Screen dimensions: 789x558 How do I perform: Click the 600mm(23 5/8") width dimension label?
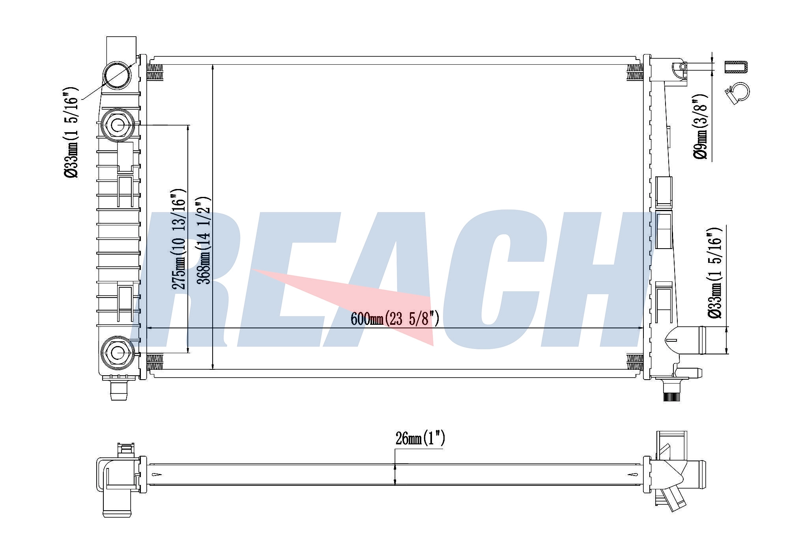click(394, 318)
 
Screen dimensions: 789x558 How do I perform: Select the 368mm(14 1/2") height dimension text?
click(204, 240)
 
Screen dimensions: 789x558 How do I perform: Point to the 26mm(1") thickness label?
click(420, 438)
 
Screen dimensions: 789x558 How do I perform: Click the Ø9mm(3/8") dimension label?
click(701, 127)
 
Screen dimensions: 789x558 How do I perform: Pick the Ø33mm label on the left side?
click(72, 132)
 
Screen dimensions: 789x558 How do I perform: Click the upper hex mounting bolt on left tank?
click(117, 125)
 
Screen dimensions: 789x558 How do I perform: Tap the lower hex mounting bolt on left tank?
click(117, 352)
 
